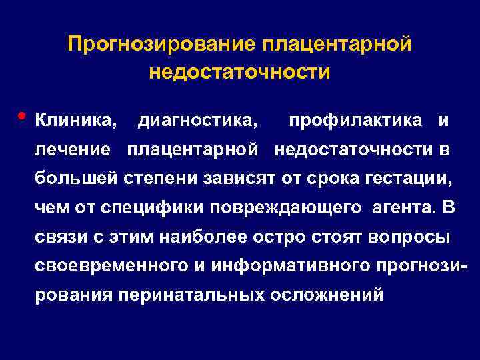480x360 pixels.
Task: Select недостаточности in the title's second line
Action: tap(240, 71)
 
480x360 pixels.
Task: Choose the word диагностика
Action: tap(197, 121)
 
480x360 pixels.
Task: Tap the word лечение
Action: tap(73, 150)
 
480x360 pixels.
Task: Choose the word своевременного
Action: tap(116, 266)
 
